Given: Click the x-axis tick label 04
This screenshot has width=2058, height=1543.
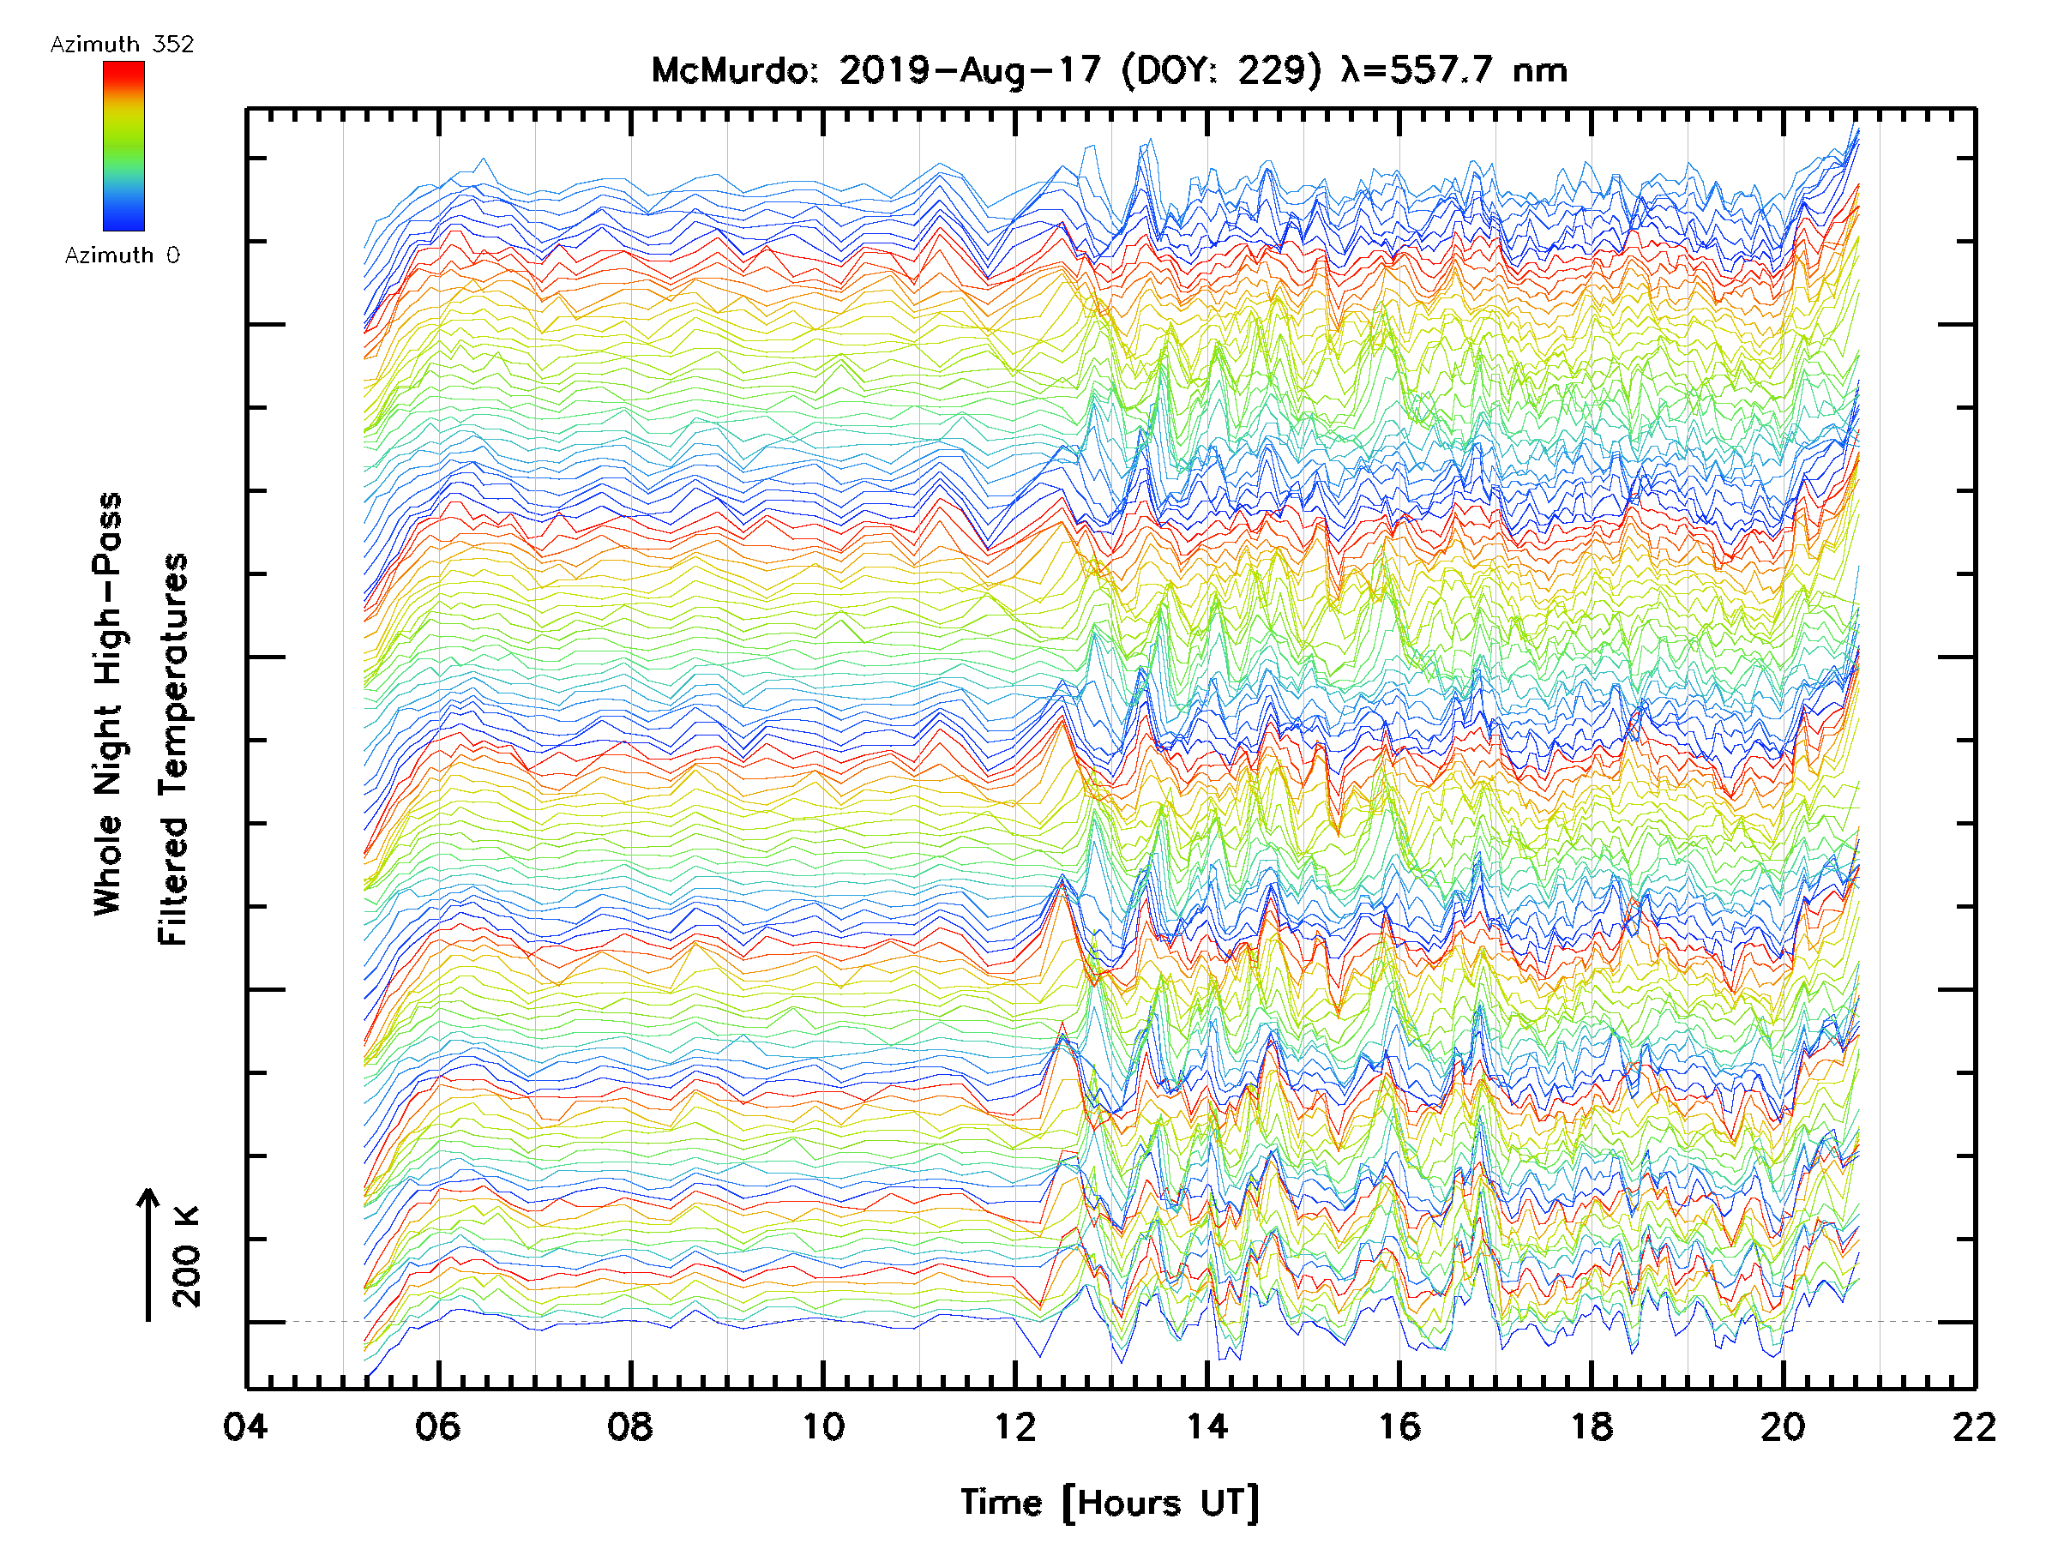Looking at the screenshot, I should point(244,1426).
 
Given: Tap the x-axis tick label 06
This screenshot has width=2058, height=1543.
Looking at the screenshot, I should point(437,1426).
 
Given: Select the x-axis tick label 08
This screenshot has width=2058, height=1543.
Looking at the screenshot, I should point(630,1426).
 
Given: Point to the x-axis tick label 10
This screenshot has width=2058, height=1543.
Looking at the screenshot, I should point(822,1426).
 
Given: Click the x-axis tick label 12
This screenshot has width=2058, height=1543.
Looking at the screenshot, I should point(1015,1426).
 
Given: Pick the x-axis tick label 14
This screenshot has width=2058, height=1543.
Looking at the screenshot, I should point(1207,1426).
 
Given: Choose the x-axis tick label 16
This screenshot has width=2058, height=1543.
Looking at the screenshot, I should point(1399,1426).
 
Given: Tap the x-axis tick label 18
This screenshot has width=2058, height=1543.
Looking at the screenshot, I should point(1592,1426).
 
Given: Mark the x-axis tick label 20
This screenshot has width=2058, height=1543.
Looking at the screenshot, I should point(1784,1426).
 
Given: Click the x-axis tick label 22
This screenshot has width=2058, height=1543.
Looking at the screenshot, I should point(1975,1426).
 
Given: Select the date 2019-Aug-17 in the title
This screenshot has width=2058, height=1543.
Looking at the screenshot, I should point(970,70).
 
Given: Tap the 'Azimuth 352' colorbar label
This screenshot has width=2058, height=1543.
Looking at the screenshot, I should point(122,45).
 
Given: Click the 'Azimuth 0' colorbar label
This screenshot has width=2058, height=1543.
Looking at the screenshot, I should point(122,255).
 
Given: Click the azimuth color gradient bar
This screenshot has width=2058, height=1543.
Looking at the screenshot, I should point(123,146).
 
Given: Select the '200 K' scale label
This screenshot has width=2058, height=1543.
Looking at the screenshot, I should point(186,1257).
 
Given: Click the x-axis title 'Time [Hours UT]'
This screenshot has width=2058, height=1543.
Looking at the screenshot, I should point(1110,1502).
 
